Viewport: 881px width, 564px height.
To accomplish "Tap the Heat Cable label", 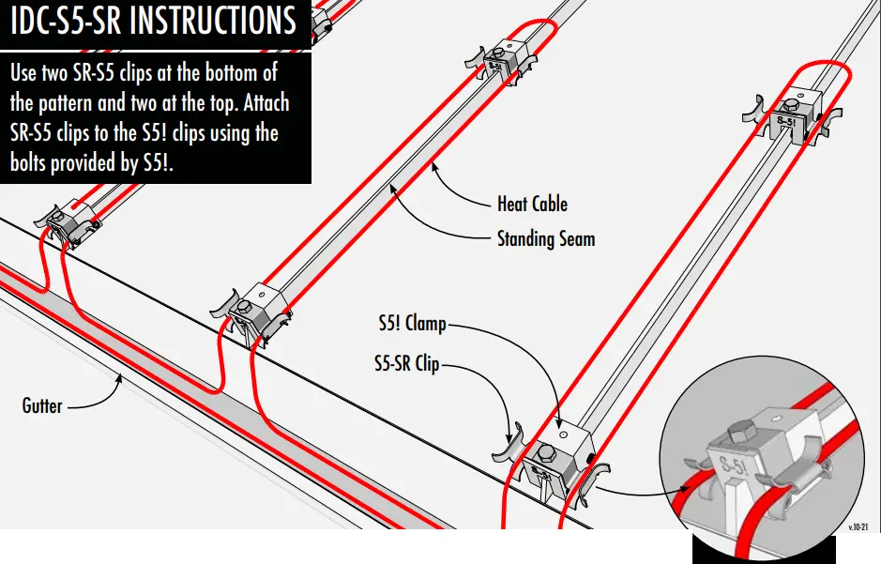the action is point(532,203).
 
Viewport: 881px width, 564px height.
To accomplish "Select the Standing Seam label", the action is point(546,238).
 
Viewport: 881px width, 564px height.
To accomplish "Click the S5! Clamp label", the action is point(405,327).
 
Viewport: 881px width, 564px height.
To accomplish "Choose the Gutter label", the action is point(42,406).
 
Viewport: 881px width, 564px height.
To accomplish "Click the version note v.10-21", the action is point(859,529).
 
